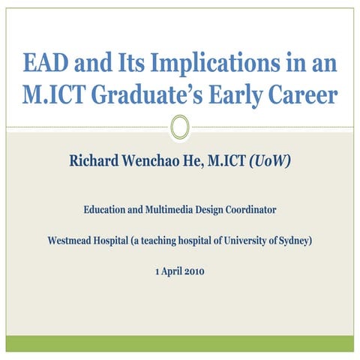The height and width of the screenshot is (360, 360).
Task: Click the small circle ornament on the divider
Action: point(179,127)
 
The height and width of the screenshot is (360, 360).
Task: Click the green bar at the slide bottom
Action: point(179,343)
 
